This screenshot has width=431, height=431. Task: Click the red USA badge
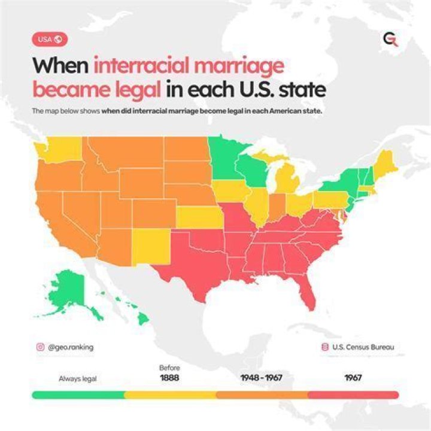49,40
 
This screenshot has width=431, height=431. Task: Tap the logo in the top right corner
390,40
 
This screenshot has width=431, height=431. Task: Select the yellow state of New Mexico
149,246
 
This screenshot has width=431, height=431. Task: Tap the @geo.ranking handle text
70,347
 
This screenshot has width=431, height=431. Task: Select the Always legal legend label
77,378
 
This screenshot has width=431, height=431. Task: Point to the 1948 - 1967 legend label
261,378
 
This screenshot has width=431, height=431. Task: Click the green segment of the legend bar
78,395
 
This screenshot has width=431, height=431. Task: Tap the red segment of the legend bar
353,395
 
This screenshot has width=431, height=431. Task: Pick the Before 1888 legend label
170,374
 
